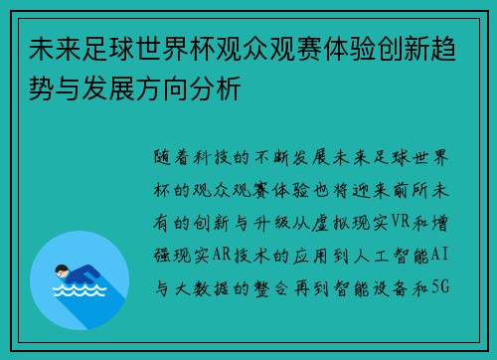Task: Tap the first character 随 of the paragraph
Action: tap(164, 158)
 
